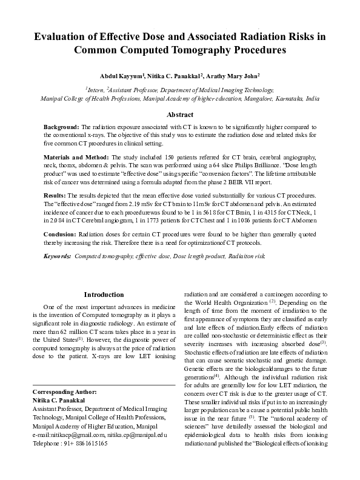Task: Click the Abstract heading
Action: point(179,115)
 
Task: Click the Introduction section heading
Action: point(104,295)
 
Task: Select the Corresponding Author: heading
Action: point(63,393)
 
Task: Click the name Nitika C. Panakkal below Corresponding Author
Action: point(59,401)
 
